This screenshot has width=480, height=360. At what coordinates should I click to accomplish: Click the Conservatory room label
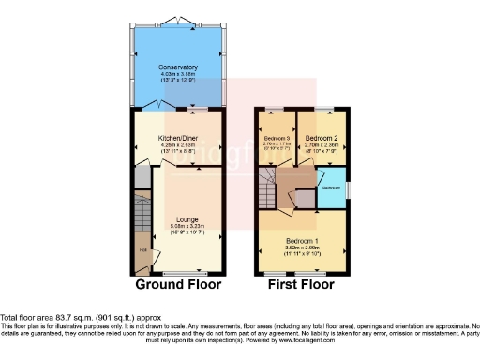[x=177, y=67]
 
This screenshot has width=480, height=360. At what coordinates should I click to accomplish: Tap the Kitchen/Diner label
[x=177, y=138]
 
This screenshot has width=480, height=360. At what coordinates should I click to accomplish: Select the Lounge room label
[x=187, y=218]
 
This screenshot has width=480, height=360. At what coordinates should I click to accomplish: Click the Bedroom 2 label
[x=322, y=138]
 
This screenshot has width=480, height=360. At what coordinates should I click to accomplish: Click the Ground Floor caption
[x=178, y=285]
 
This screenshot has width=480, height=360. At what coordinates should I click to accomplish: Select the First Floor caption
[x=303, y=285]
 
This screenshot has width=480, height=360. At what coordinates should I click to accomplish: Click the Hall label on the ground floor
[x=142, y=249]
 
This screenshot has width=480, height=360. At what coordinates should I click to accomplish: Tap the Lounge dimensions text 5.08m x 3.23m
[x=187, y=225]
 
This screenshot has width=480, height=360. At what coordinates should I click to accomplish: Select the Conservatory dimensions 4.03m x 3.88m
[x=177, y=74]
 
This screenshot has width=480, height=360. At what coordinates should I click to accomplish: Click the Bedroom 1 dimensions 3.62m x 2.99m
[x=303, y=247]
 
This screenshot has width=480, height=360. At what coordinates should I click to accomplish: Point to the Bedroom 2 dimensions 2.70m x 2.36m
[x=322, y=145]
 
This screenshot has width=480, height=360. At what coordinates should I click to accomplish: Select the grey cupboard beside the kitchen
[x=141, y=177]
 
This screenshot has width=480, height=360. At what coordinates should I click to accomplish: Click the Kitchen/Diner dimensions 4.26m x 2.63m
[x=177, y=144]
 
